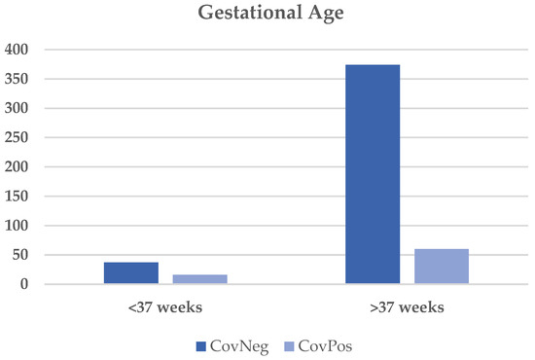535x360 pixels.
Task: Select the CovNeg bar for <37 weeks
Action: click(130, 273)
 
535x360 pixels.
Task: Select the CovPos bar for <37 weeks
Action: click(199, 279)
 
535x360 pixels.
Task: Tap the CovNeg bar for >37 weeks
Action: click(373, 174)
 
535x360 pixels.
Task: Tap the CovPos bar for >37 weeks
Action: click(442, 267)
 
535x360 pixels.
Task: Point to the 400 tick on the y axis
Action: click(18, 49)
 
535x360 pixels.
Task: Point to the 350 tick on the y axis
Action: click(18, 79)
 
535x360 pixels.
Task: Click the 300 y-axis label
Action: click(18, 108)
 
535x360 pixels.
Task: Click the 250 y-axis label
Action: click(18, 137)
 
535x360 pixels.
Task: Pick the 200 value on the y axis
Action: click(18, 167)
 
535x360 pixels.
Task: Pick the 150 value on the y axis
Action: click(18, 197)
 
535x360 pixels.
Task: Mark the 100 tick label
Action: click(18, 226)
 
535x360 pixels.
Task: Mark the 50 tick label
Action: click(20, 255)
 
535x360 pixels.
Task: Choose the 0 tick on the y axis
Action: click(24, 285)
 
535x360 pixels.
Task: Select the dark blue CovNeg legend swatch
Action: click(199, 344)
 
